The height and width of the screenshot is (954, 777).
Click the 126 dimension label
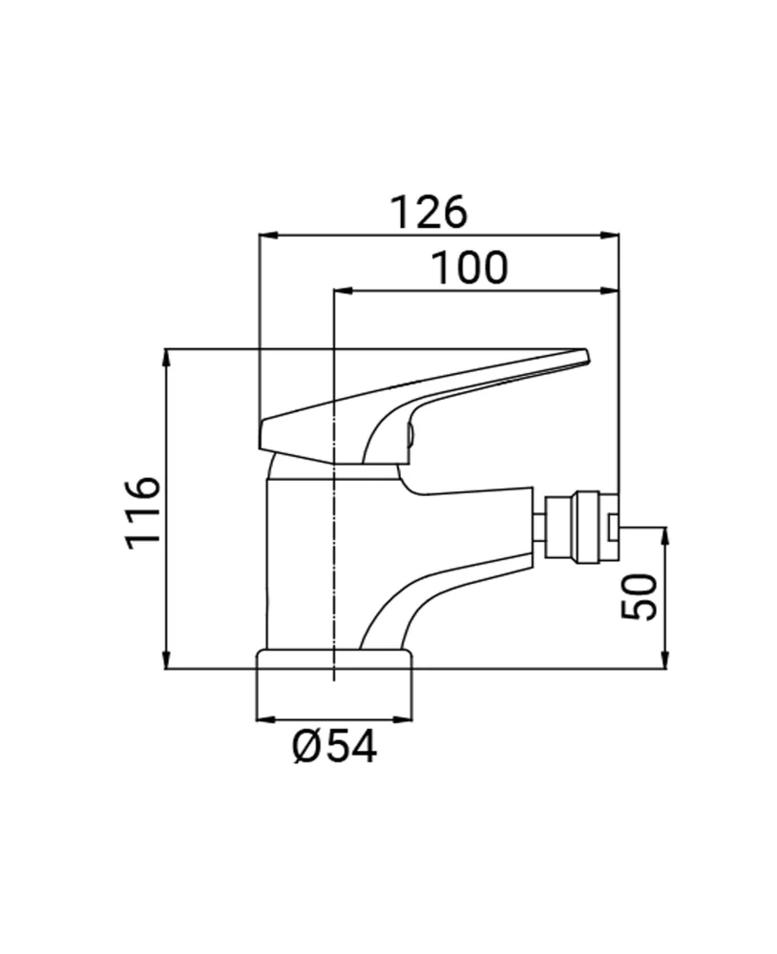pyautogui.click(x=429, y=213)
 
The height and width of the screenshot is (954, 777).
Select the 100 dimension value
pyautogui.click(x=469, y=268)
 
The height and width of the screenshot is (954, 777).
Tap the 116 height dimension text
pyautogui.click(x=144, y=513)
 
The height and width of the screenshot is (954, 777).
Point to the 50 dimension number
pyautogui.click(x=640, y=596)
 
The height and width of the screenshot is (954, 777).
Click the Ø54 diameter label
pyautogui.click(x=334, y=746)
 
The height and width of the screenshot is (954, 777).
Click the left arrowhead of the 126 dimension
pyautogui.click(x=268, y=235)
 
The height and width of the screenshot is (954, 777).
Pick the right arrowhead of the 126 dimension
pyautogui.click(x=610, y=235)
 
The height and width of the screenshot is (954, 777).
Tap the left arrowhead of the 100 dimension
pyautogui.click(x=344, y=291)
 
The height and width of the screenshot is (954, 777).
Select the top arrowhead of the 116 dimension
pyautogui.click(x=167, y=359)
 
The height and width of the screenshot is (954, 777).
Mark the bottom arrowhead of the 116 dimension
pyautogui.click(x=167, y=659)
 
